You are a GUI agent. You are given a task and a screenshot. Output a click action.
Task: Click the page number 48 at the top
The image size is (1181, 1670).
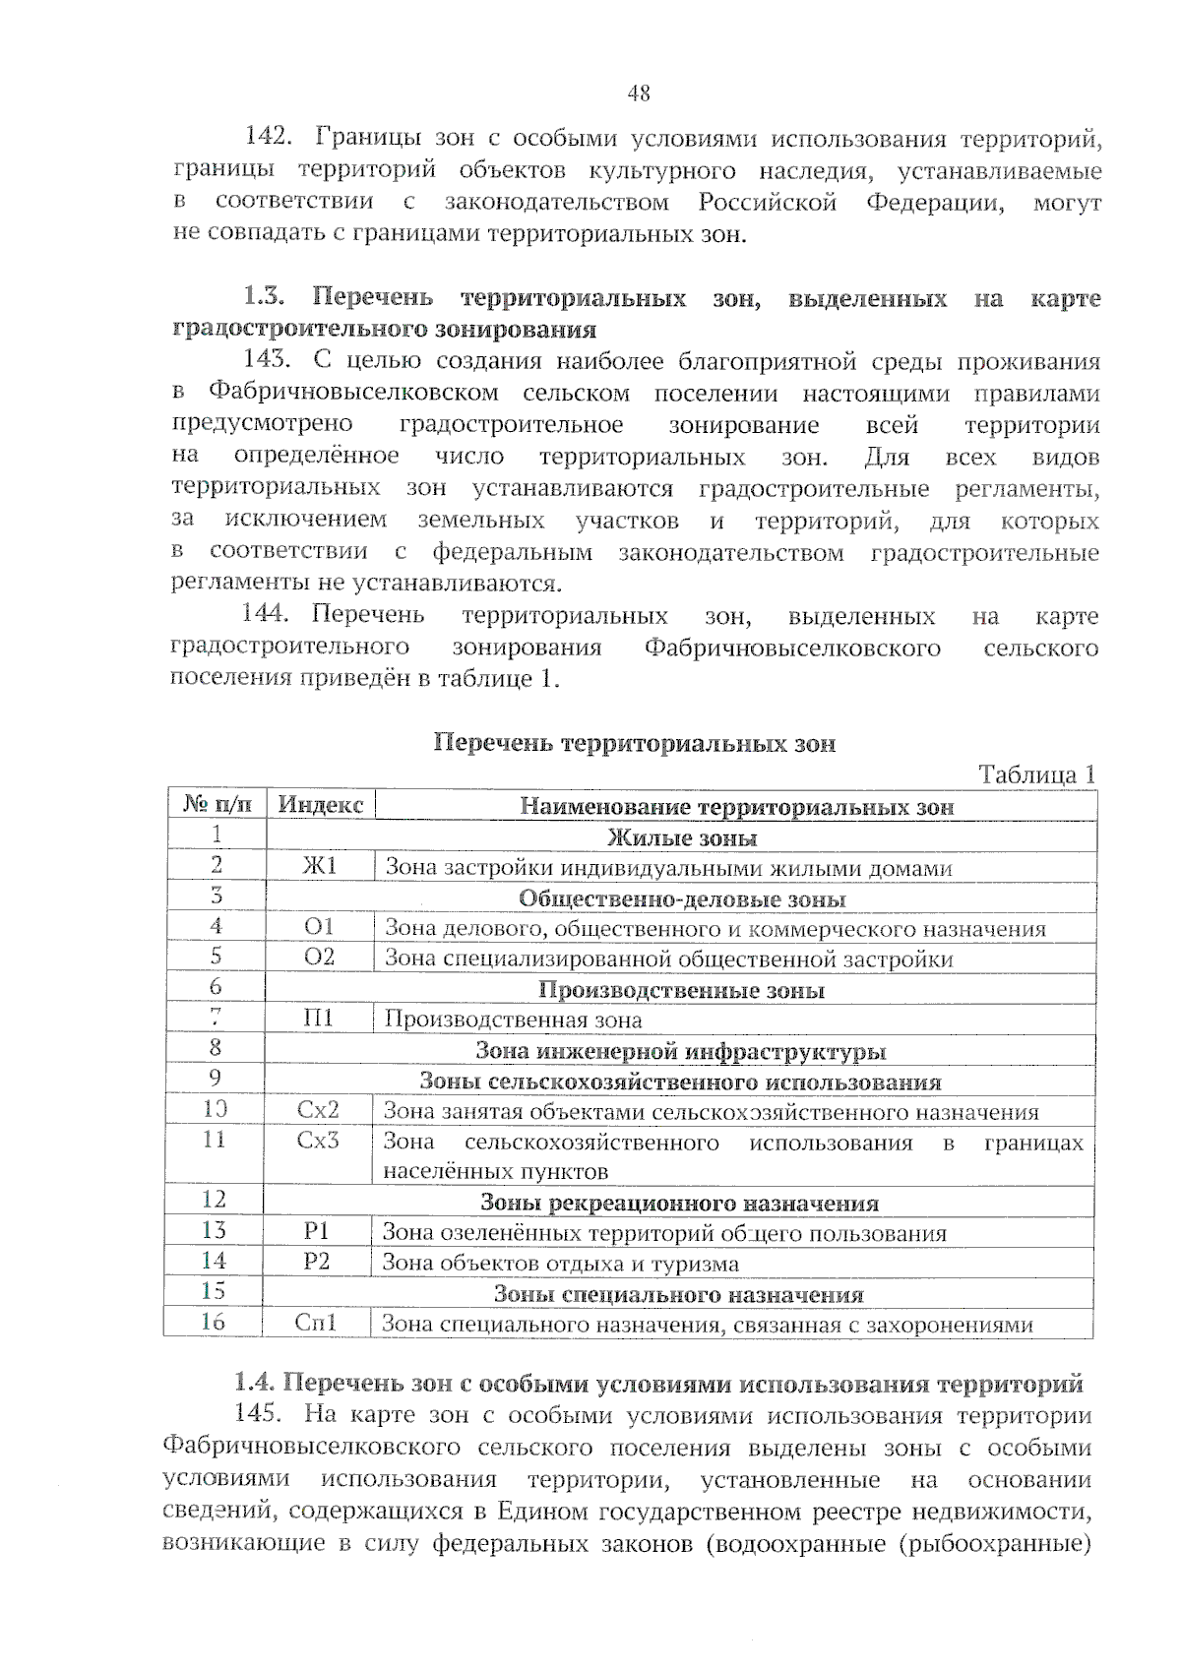click(x=638, y=93)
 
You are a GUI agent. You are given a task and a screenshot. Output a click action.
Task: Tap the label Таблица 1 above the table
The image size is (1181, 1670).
click(x=1036, y=774)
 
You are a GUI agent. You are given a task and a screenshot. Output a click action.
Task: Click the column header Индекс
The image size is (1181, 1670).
click(x=321, y=805)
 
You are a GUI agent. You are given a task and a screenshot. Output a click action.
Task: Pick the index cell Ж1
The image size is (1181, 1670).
click(x=320, y=866)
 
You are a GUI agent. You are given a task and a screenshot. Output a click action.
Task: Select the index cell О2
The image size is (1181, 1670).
click(x=319, y=958)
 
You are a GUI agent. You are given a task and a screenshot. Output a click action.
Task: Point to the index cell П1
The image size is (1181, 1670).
click(x=319, y=1019)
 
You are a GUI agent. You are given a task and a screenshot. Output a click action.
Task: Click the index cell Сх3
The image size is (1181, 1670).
click(x=318, y=1141)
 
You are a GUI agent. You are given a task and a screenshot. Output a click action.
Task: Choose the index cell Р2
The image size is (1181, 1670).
click(x=317, y=1262)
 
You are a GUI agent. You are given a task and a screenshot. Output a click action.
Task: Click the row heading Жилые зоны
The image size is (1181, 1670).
click(x=681, y=837)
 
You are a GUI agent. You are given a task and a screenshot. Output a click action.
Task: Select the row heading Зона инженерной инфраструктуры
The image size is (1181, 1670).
click(x=680, y=1051)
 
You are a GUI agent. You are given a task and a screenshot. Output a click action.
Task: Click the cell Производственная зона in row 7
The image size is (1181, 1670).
click(x=513, y=1021)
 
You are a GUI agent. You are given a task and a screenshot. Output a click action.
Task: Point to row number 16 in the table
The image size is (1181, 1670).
click(x=213, y=1323)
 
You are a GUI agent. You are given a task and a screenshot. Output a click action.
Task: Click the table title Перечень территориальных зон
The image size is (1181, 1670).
click(x=635, y=744)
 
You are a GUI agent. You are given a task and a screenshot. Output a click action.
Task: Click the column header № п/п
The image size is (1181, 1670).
click(x=218, y=805)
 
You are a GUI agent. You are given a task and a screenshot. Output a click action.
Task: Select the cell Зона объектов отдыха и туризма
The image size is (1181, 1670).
click(x=560, y=1264)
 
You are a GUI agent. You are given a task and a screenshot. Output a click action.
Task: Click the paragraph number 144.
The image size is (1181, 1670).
click(x=265, y=615)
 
